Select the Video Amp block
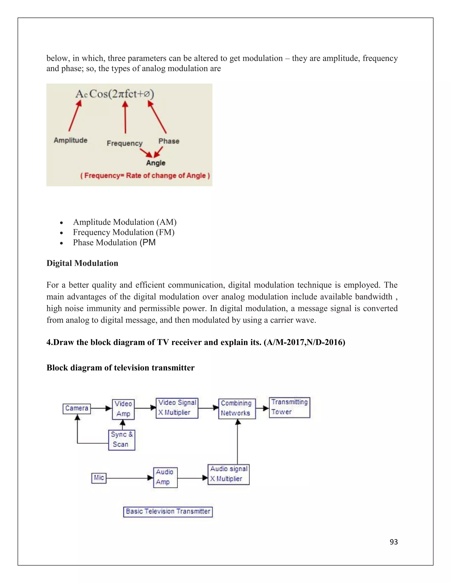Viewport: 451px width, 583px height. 123,409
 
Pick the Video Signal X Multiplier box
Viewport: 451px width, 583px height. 177,408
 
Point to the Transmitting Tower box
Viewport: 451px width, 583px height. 289,407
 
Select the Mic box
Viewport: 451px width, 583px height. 99,478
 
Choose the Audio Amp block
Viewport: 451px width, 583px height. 165,478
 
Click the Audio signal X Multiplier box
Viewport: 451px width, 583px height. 228,474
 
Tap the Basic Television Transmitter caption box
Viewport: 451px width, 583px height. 168,511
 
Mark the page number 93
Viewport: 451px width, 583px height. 394,542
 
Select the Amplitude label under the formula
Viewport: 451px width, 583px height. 70,140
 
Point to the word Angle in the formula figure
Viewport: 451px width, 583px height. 156,163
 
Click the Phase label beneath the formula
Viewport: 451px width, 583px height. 169,141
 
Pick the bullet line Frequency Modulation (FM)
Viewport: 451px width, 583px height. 124,232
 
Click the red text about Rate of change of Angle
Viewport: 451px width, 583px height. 145,176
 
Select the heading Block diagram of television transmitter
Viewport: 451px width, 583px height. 120,368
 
